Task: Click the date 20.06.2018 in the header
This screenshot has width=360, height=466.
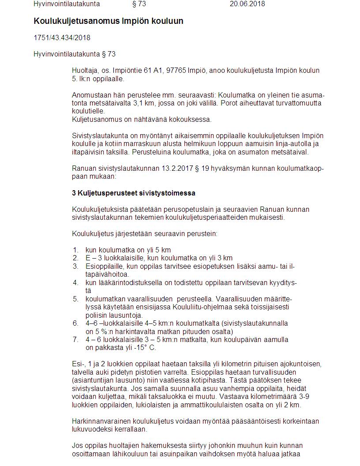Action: [x=247, y=4]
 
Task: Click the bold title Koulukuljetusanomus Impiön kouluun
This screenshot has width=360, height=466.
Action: [x=108, y=21]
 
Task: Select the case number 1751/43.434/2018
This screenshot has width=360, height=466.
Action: [x=62, y=38]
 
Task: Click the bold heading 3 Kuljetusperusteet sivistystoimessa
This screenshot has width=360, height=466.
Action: [x=133, y=193]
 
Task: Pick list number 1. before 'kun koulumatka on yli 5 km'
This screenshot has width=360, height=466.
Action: [x=75, y=250]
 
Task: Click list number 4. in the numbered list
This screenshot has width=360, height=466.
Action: [x=75, y=282]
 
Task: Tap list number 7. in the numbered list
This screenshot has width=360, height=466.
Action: [x=75, y=339]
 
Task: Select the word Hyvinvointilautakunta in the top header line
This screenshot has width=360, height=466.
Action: [x=67, y=4]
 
